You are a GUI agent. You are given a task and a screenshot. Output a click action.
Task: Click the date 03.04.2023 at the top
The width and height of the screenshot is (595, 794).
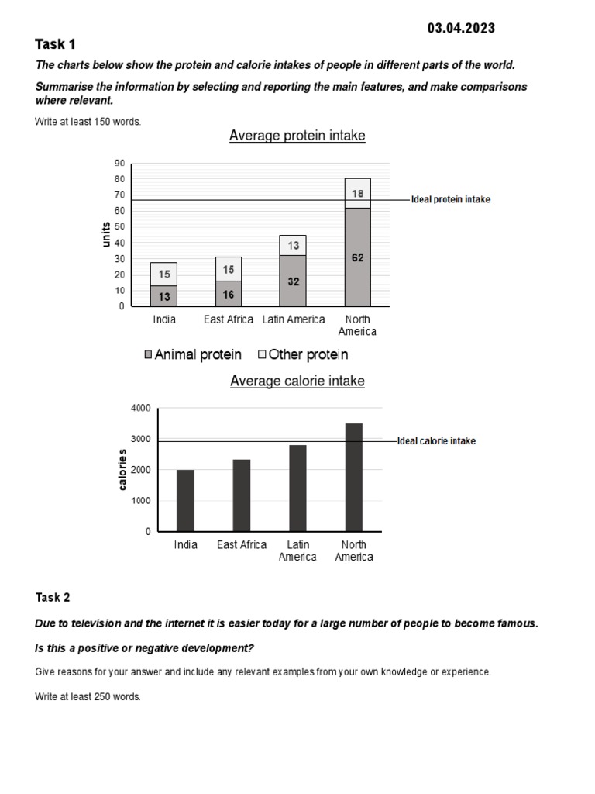(x=461, y=29)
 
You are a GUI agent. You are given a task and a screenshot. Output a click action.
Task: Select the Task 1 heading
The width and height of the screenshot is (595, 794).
(x=56, y=44)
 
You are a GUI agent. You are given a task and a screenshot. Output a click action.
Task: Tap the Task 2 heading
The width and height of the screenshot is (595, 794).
(x=53, y=597)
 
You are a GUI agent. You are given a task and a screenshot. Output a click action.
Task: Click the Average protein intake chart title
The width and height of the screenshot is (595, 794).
(x=297, y=136)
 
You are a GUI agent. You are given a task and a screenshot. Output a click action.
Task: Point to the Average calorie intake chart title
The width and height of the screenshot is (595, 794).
(x=297, y=381)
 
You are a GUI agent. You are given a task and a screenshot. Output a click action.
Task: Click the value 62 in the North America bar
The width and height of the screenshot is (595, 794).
(x=357, y=257)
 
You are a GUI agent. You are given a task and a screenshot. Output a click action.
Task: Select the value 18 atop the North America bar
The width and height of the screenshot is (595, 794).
(x=357, y=193)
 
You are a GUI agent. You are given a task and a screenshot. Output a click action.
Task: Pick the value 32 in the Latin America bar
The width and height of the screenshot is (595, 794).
(x=294, y=281)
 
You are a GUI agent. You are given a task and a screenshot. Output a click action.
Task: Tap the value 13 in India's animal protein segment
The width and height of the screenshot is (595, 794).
(x=164, y=296)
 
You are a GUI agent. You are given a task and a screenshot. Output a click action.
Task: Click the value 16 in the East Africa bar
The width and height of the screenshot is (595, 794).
(x=229, y=295)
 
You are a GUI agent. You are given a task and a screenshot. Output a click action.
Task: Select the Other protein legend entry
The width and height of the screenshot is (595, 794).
(x=303, y=355)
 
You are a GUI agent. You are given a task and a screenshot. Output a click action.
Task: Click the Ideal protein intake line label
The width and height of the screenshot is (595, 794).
(x=450, y=200)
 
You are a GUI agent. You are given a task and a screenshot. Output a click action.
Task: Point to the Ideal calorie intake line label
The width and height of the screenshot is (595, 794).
(x=436, y=441)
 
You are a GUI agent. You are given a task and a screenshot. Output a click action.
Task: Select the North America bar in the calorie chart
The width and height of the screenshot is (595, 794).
(x=353, y=478)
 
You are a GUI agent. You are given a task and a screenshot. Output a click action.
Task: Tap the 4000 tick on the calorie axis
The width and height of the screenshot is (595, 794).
(x=141, y=408)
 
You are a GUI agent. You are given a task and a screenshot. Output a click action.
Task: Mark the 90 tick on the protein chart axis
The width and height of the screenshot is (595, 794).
(x=119, y=164)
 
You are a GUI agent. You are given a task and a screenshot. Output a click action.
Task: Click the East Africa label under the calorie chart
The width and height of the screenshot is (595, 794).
(x=242, y=545)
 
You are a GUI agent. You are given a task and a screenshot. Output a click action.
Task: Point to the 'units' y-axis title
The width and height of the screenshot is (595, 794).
(x=106, y=235)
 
